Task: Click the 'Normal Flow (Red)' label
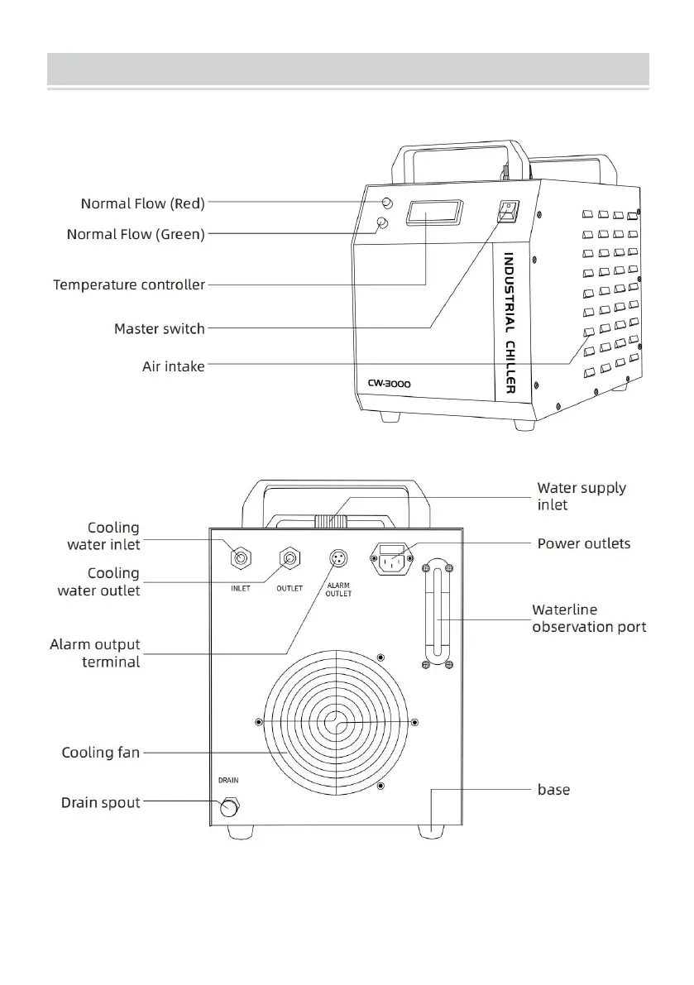point(142,203)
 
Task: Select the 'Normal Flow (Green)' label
point(136,235)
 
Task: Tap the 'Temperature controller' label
point(129,285)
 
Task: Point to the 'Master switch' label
point(159,329)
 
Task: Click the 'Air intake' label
point(173,366)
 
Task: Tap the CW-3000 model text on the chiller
point(390,384)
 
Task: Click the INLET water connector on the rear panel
point(241,560)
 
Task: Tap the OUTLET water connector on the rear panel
point(290,560)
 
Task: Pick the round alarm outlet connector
point(338,558)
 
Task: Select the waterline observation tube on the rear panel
point(437,614)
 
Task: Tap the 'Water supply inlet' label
point(582,495)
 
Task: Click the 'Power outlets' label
point(584,543)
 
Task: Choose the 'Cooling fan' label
point(101,753)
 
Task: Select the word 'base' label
point(553,790)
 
